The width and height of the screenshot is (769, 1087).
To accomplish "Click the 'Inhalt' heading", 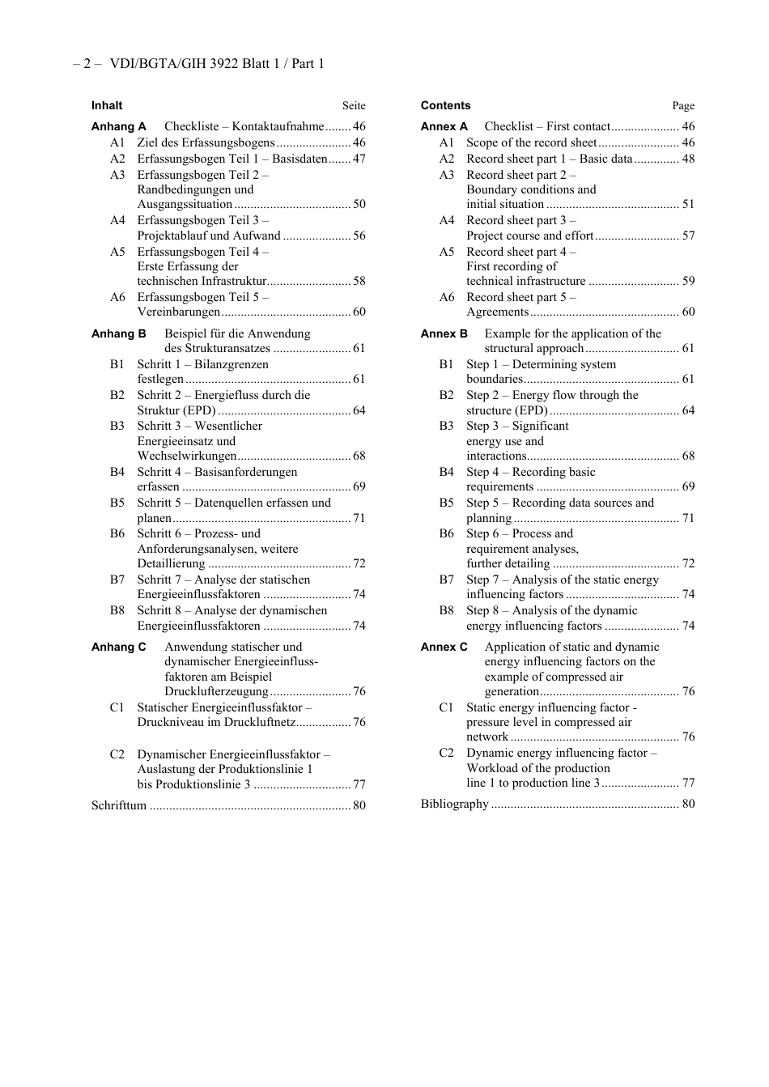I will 107,105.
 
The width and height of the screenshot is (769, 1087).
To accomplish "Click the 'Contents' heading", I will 445,105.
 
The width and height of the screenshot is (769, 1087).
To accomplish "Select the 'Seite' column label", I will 354,106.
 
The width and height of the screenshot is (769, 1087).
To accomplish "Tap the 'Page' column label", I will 683,106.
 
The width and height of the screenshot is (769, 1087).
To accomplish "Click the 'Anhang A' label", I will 118,126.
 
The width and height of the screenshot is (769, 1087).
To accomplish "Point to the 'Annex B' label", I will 444,333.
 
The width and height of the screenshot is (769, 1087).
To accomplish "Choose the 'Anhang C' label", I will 118,647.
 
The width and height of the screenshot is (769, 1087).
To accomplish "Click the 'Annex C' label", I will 444,647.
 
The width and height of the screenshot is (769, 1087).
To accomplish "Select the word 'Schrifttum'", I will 119,805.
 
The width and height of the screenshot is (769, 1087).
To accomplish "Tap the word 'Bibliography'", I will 454,804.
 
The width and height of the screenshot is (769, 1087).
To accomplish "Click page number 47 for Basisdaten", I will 359,159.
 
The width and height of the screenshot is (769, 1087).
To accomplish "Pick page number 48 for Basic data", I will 688,159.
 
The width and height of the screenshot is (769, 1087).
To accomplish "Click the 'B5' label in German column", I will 117,503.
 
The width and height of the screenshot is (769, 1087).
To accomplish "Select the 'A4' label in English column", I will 447,220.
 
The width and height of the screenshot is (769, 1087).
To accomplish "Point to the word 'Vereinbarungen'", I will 178,312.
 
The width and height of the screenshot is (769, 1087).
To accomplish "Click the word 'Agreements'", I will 497,312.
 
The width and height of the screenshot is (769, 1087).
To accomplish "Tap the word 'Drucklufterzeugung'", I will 216,691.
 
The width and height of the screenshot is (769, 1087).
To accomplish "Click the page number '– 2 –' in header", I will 87,64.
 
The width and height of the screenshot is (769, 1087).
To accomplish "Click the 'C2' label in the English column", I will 447,753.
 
